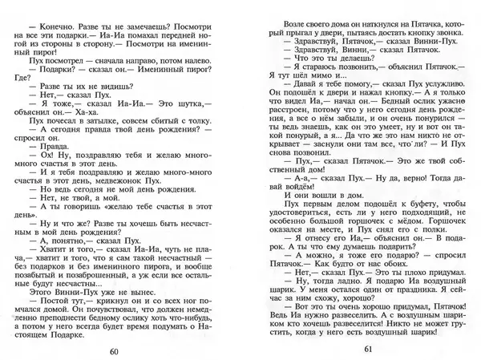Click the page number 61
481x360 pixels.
click(369, 326)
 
